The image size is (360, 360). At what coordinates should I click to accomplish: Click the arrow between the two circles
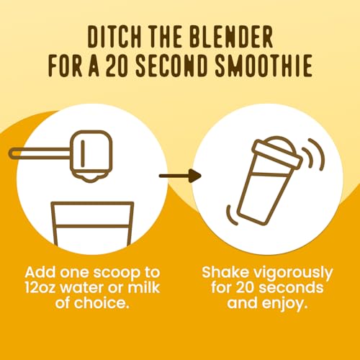click(178, 174)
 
